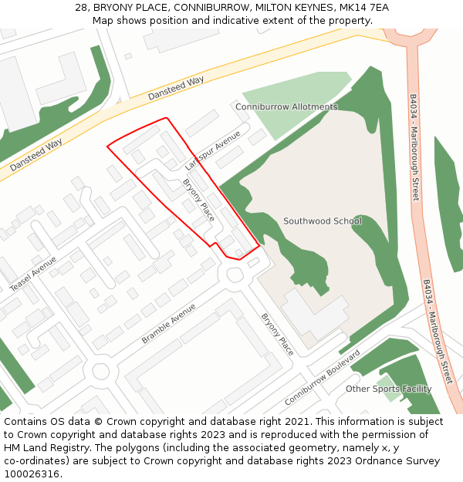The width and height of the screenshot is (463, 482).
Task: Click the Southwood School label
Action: click(322, 221)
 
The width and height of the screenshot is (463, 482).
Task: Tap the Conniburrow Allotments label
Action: click(286, 106)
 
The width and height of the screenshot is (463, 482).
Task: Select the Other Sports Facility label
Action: click(388, 389)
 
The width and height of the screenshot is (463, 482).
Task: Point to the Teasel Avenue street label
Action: click(33, 274)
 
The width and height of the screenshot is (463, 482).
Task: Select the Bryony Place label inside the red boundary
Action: click(198, 199)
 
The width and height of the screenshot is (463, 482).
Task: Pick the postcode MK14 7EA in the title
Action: click(363, 8)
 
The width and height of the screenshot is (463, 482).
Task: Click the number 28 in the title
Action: click(81, 8)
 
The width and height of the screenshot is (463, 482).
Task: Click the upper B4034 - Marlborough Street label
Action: click(414, 147)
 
